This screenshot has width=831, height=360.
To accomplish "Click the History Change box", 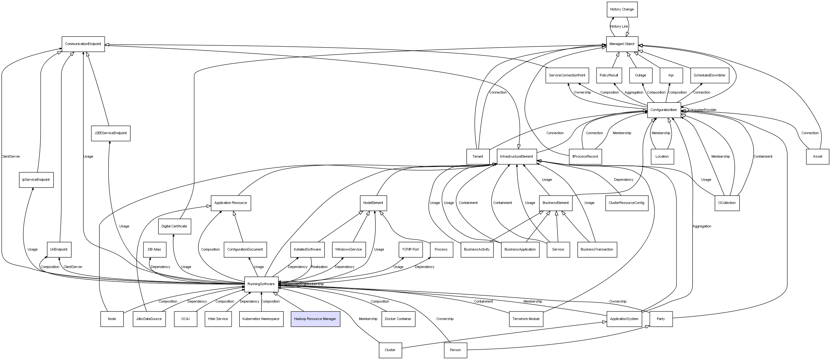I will point(622,9).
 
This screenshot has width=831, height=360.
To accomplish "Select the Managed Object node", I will point(622,44).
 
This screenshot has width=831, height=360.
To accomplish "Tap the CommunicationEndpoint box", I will point(83,44).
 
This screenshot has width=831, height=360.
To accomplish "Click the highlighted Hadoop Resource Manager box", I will point(315,319).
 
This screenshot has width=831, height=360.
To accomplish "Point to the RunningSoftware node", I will point(261,284).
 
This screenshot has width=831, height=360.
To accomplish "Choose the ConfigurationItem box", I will point(663,110).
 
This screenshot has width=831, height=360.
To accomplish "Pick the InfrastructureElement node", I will point(517,156).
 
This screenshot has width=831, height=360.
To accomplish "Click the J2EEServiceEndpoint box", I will point(111,133).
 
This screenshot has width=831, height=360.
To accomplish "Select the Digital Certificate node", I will point(174,226).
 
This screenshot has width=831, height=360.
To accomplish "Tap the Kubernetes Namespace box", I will point(261,319).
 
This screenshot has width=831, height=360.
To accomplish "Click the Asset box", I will point(817,156).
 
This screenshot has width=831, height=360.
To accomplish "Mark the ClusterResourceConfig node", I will point(626,203).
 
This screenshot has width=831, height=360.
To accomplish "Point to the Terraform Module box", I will point(526,319).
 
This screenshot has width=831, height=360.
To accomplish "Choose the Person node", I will point(455,350).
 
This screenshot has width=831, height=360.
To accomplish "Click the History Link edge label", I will point(619,26).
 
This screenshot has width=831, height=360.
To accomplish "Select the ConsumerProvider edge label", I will point(702,110).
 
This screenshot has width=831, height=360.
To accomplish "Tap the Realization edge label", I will point(319,267).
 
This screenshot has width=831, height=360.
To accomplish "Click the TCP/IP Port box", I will point(410,249).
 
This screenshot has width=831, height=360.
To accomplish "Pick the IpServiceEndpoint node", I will point(36,180).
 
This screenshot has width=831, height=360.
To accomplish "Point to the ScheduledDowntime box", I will point(709,75).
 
